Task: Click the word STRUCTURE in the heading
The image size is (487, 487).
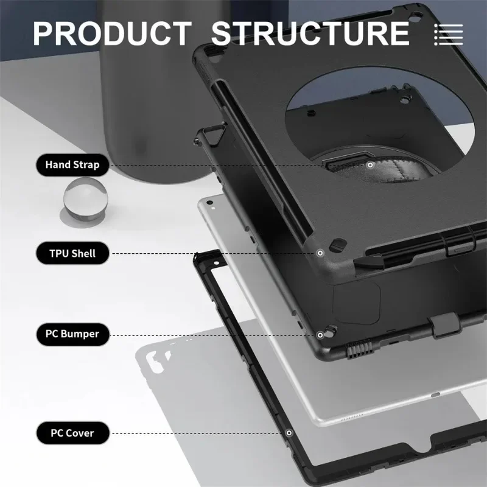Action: pyautogui.click(x=310, y=33)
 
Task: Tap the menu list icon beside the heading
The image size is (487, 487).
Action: pyautogui.click(x=449, y=33)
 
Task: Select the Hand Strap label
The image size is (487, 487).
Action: pyautogui.click(x=72, y=164)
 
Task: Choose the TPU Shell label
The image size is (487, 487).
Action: pyautogui.click(x=72, y=253)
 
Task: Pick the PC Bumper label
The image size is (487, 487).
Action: pyautogui.click(x=72, y=334)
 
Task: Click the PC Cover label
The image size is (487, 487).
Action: pyautogui.click(x=72, y=433)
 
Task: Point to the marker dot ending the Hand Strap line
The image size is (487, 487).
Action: pyautogui.click(x=370, y=164)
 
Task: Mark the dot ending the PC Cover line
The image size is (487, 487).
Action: pyautogui.click(x=289, y=433)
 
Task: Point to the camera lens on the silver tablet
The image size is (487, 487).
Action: pyautogui.click(x=210, y=201)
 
